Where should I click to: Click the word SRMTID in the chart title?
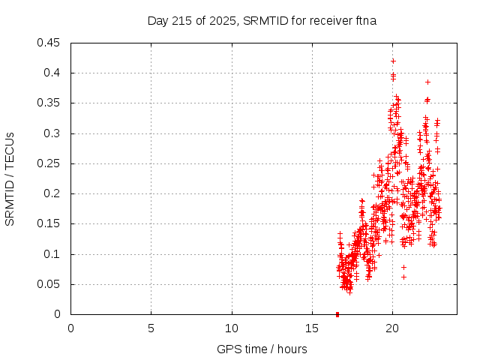click(x=262, y=21)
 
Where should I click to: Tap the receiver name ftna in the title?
click(x=364, y=21)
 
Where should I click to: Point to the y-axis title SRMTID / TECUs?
click(x=10, y=178)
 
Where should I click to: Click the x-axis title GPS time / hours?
click(x=262, y=349)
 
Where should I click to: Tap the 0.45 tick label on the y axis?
click(x=49, y=43)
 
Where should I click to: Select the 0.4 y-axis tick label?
click(x=53, y=73)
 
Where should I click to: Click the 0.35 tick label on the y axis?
click(x=49, y=103)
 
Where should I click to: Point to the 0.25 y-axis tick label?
click(x=49, y=163)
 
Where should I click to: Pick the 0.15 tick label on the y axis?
click(x=49, y=223)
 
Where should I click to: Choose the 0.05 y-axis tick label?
click(x=49, y=284)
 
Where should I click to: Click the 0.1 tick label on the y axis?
click(x=53, y=254)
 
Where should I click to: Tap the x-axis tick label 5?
click(x=151, y=328)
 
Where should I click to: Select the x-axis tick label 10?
click(x=231, y=328)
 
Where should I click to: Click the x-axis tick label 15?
click(x=311, y=328)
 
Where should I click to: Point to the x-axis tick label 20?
click(x=391, y=328)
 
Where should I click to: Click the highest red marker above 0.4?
click(x=393, y=61)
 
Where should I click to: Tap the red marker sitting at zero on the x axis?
click(x=337, y=314)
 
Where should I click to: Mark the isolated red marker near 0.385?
click(x=427, y=82)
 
